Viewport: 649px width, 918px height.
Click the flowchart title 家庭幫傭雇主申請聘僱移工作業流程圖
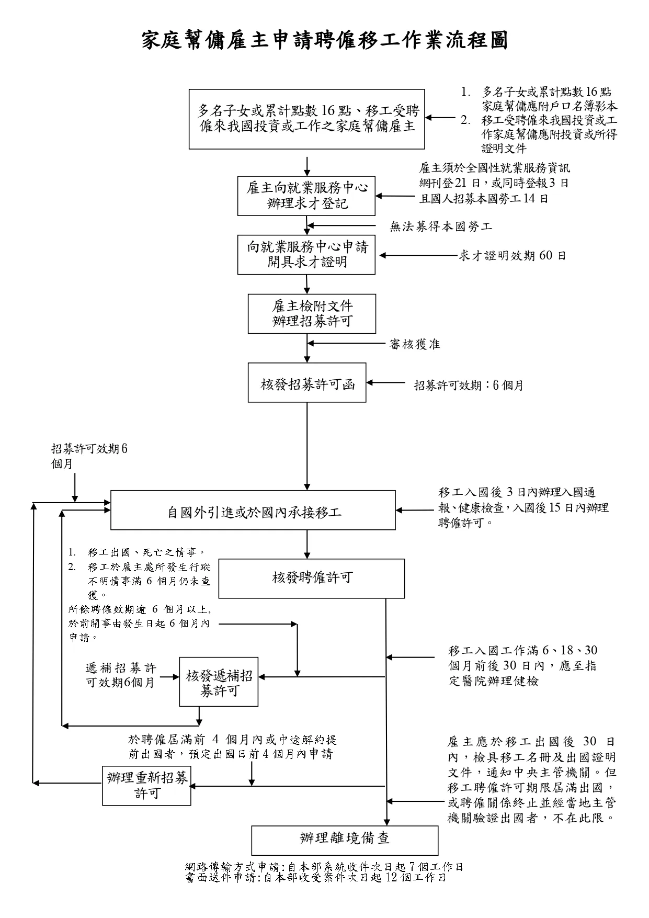click(x=324, y=40)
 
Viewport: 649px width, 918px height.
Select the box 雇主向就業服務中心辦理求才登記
click(x=306, y=196)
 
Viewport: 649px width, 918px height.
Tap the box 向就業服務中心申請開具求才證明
click(x=306, y=255)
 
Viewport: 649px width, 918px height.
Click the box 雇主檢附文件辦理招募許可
click(x=312, y=314)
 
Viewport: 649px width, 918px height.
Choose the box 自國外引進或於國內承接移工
click(x=253, y=511)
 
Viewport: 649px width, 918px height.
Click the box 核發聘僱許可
click(x=311, y=579)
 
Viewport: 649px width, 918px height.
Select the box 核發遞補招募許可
click(x=219, y=682)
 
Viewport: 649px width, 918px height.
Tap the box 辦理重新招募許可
click(x=146, y=786)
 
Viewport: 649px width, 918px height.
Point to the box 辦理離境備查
click(x=345, y=840)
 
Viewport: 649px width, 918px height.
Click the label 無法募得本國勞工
click(x=441, y=226)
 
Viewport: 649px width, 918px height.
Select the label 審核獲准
click(x=415, y=344)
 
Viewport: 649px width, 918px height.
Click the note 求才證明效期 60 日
click(x=512, y=256)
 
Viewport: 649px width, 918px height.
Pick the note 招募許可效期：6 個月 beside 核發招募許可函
click(x=469, y=386)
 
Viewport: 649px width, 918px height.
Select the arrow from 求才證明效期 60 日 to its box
click(x=418, y=256)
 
